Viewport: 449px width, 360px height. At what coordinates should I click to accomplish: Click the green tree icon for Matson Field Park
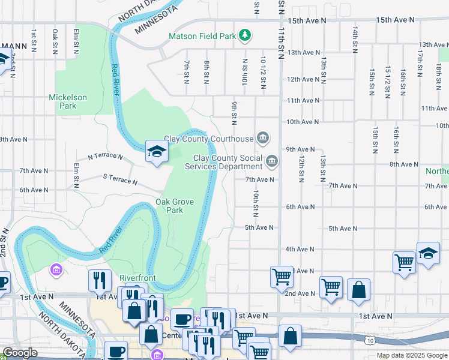[x=244, y=36]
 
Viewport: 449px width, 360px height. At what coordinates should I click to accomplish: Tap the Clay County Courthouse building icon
[x=263, y=139]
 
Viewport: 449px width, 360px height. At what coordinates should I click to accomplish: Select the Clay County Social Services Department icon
[x=272, y=161]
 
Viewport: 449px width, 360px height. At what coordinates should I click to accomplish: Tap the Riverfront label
[x=137, y=278]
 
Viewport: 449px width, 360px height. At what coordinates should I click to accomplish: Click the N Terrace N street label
[x=105, y=157]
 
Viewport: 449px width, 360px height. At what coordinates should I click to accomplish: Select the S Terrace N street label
[x=120, y=179]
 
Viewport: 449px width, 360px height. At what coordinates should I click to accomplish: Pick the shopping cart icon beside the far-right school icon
[x=404, y=262]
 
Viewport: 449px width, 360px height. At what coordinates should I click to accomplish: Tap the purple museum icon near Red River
[x=57, y=271]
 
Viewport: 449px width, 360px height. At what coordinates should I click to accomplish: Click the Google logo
[x=20, y=353]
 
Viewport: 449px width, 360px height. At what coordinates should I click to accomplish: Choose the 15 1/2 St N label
[x=388, y=81]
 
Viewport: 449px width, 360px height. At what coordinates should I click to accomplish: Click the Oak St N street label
[x=55, y=40]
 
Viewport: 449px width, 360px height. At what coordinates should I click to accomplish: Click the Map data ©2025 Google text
[x=411, y=355]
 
